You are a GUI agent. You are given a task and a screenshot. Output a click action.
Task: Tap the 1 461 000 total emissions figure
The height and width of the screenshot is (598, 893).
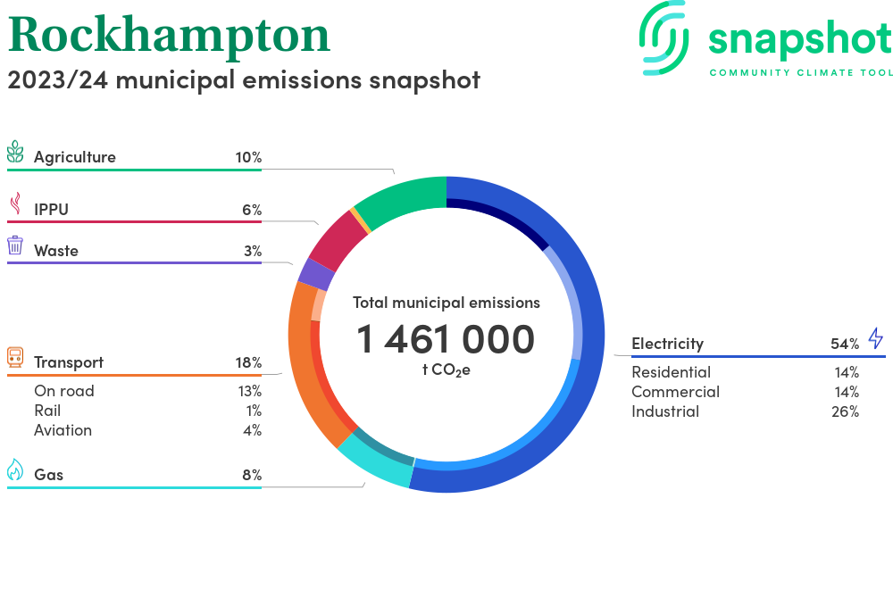point(446,339)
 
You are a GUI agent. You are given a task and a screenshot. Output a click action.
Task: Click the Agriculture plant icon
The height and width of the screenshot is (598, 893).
point(15,153)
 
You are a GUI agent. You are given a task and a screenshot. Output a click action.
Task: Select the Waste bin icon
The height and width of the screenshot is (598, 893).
point(15,245)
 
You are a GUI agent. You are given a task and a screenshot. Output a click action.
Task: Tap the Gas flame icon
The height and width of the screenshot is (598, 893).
point(15,469)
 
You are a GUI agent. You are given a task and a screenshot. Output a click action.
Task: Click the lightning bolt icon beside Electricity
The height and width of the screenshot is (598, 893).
point(875,338)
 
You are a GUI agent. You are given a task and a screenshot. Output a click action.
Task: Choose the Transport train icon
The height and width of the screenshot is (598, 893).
point(15,358)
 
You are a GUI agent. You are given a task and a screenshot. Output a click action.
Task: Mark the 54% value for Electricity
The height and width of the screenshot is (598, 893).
point(844,344)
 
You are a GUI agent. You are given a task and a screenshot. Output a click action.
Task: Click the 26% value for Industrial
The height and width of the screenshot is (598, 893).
point(844,411)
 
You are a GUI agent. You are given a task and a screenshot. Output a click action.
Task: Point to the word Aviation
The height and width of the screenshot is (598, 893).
point(63,430)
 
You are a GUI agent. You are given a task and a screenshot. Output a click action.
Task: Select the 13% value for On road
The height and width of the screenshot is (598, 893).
point(249,391)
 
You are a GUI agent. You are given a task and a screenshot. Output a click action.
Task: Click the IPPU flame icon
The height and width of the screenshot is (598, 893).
point(15,205)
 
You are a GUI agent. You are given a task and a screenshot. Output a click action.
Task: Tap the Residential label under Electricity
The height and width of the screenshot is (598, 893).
point(671,372)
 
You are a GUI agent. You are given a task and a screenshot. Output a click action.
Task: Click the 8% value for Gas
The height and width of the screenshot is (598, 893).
point(252,475)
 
